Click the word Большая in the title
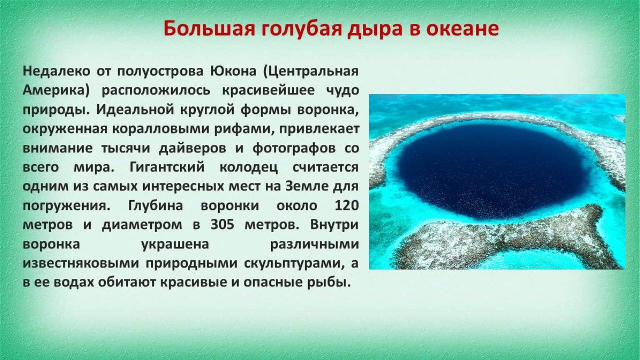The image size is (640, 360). (x=209, y=29)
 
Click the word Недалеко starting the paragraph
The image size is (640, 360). (x=56, y=71)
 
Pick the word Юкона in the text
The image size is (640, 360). (x=233, y=71)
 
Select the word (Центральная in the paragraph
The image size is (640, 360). (x=310, y=71)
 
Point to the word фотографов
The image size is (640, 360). (x=294, y=149)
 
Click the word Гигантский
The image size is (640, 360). (x=167, y=167)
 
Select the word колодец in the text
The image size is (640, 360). (x=248, y=168)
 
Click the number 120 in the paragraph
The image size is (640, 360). (x=346, y=206)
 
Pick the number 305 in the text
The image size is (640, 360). (x=222, y=225)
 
